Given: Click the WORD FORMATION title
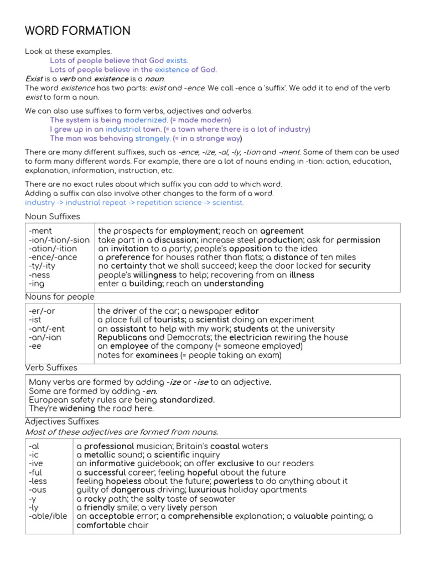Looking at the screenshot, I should (77, 31).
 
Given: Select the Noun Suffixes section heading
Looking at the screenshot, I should (53, 217).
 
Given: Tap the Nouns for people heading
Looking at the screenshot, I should (60, 297).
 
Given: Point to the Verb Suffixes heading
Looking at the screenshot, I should (51, 368).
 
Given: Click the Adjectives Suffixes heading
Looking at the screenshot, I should (62, 422).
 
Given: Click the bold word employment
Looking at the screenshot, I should (194, 231).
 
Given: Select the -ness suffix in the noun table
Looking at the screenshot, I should (39, 275).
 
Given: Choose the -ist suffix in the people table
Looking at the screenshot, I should (35, 320).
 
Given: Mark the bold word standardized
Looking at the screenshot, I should (186, 400).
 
